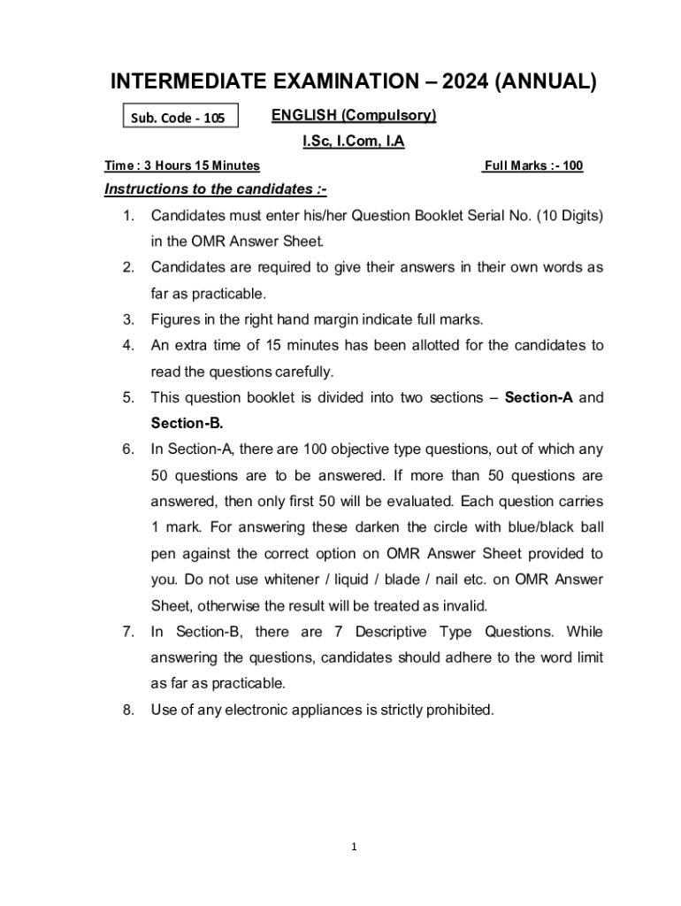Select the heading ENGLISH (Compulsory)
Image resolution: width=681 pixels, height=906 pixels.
point(353,116)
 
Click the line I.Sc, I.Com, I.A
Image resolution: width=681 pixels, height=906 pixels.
point(353,141)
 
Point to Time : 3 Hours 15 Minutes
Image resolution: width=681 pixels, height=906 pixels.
point(182,165)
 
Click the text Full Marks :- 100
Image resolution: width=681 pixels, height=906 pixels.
point(532,165)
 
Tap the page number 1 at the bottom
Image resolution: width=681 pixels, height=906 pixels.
point(353,847)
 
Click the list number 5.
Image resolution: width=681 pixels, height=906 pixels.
point(128,397)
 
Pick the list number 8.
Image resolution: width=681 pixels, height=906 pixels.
point(128,710)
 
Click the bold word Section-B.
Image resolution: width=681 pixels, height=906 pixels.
point(187,423)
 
